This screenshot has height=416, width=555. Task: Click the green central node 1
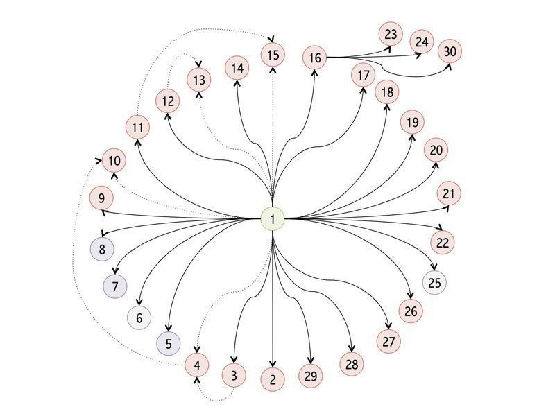(x=273, y=219)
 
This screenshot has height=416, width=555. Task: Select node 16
(x=315, y=58)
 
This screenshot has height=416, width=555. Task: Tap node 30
(x=450, y=51)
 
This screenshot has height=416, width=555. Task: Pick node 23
(x=391, y=33)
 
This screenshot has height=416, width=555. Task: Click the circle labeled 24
(x=422, y=42)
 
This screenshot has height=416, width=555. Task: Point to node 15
(x=273, y=54)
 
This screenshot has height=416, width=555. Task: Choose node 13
(x=200, y=79)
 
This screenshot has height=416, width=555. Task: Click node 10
(x=114, y=161)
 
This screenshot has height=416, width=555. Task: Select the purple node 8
(x=102, y=249)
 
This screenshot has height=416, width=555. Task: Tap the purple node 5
(x=168, y=343)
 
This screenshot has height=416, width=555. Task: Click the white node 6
(x=139, y=318)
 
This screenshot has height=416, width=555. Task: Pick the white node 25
(x=434, y=282)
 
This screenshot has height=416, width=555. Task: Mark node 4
(x=197, y=365)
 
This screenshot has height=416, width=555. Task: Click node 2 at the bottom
(x=273, y=379)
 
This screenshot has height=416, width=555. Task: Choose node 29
(x=310, y=376)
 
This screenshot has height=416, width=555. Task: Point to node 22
(x=443, y=243)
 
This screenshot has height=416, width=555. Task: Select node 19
(x=412, y=123)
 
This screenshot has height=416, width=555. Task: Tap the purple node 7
(x=115, y=285)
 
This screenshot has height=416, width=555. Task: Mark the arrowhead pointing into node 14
(x=237, y=82)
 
